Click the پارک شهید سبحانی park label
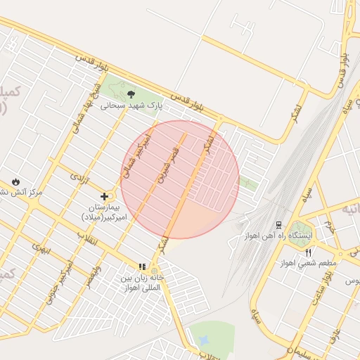[131, 105]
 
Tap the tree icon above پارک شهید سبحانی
[131, 94]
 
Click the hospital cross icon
[105, 196]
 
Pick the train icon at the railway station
[279, 225]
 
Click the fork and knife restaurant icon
[308, 252]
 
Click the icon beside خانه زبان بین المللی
[142, 267]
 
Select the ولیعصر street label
[92, 270]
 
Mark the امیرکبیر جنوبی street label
[60, 285]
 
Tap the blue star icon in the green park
[205, 341]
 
